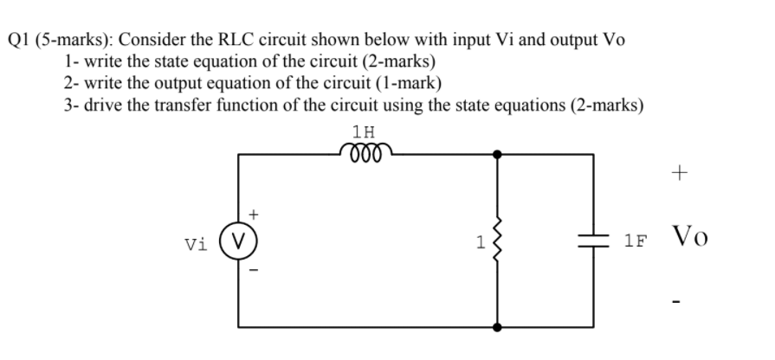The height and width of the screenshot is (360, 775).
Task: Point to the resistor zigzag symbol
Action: (x=497, y=241)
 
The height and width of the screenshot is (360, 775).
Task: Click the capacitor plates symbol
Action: (x=593, y=241)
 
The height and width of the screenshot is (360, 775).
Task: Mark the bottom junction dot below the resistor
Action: (x=497, y=328)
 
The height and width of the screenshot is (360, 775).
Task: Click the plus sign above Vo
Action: (x=681, y=174)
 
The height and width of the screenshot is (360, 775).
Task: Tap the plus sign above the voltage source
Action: (x=253, y=211)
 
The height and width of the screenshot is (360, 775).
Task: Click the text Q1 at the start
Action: (x=20, y=41)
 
